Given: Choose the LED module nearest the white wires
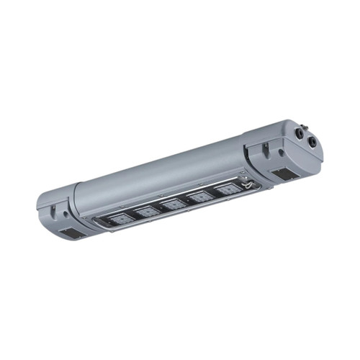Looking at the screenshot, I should pyautogui.click(x=227, y=189).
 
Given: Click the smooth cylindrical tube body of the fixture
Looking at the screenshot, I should pyautogui.click(x=158, y=173).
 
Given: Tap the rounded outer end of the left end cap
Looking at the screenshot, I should pyautogui.click(x=42, y=209).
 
